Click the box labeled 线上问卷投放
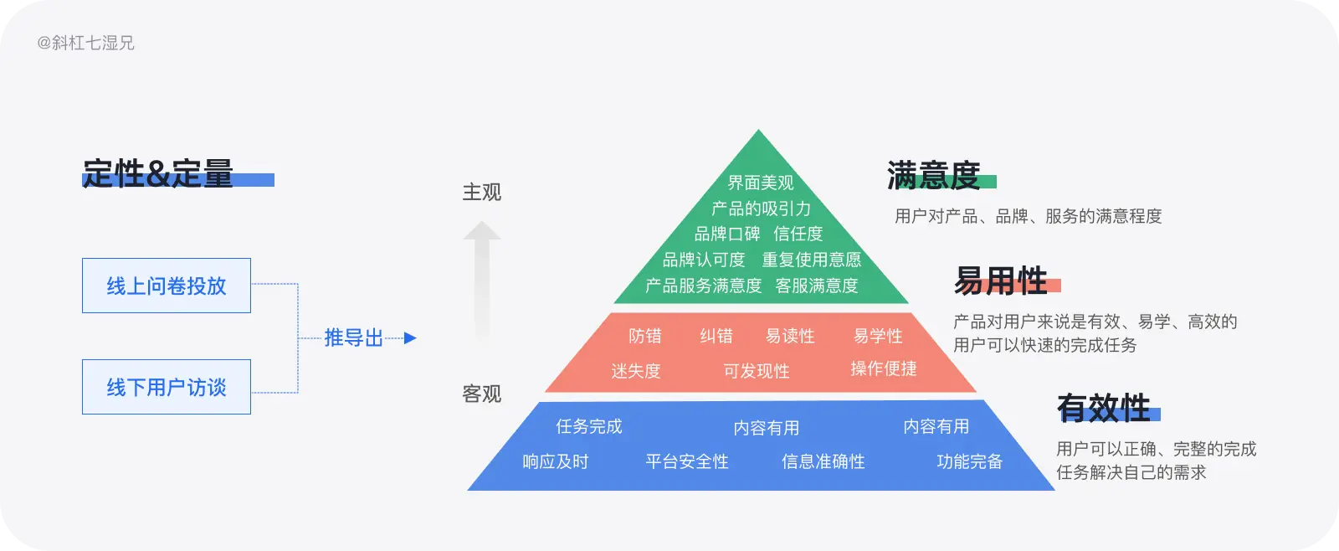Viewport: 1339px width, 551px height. coord(166,286)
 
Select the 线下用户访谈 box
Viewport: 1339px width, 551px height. coord(166,387)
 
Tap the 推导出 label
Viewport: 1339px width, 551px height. coord(353,338)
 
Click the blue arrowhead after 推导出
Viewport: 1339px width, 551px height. coord(410,338)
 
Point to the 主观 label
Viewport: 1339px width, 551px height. coord(481,193)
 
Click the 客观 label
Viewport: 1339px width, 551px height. coord(481,394)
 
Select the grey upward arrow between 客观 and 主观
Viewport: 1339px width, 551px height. coord(482,281)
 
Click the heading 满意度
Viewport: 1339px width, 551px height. coord(933,176)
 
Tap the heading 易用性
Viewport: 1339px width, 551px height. coord(1001,281)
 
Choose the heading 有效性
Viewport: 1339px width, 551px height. coord(1104,409)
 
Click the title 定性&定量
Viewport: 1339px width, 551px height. coord(158,174)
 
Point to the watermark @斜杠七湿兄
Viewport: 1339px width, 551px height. coord(85,43)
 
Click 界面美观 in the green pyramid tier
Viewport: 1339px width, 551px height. coord(760,183)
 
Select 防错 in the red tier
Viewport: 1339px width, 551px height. coord(645,336)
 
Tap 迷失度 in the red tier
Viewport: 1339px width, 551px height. coord(636,371)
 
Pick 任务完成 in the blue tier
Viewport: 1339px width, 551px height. coord(589,426)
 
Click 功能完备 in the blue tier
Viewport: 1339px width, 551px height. coord(969,461)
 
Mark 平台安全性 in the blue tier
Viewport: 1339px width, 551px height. coord(687,461)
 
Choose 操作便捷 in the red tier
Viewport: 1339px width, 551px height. coord(884,369)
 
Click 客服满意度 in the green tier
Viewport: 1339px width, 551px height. coord(817,286)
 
